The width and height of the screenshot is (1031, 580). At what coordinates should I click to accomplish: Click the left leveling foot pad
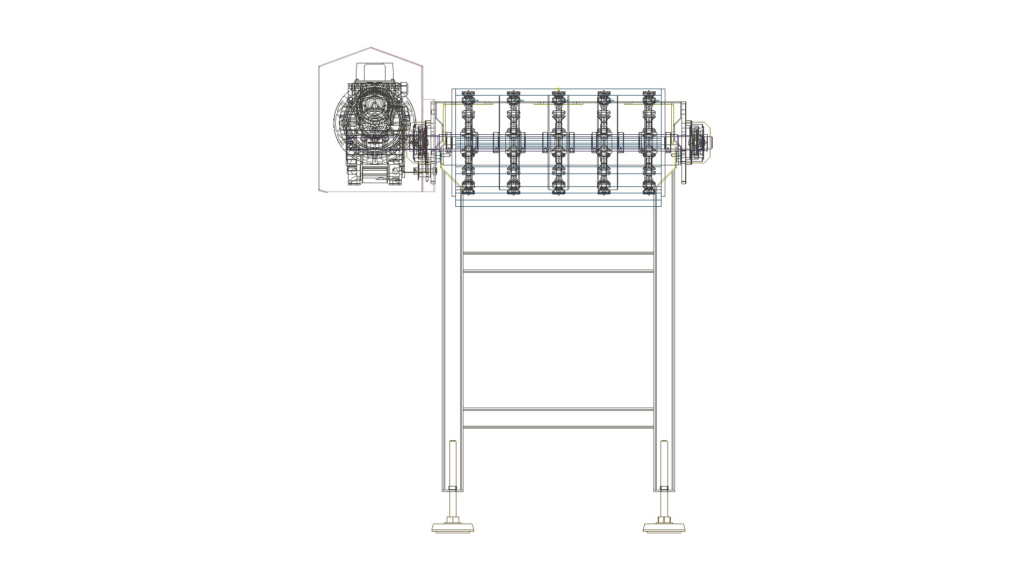point(452,528)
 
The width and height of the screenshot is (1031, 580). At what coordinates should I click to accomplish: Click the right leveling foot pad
point(664,528)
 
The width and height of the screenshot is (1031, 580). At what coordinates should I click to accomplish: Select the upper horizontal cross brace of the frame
point(558,262)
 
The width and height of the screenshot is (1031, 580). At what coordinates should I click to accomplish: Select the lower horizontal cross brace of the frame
point(558,418)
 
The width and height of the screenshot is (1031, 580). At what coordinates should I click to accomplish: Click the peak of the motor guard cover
point(371,48)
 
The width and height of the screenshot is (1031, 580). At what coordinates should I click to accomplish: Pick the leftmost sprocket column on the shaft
point(468,142)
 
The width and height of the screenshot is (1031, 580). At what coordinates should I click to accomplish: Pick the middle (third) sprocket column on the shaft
point(558,142)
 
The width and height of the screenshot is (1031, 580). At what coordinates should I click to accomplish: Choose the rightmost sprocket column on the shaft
point(649,142)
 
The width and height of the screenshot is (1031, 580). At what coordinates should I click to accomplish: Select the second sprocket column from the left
point(513,142)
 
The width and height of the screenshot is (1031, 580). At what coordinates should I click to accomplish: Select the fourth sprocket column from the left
point(604,142)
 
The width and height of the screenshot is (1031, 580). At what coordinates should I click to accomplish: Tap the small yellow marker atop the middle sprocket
point(558,90)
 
